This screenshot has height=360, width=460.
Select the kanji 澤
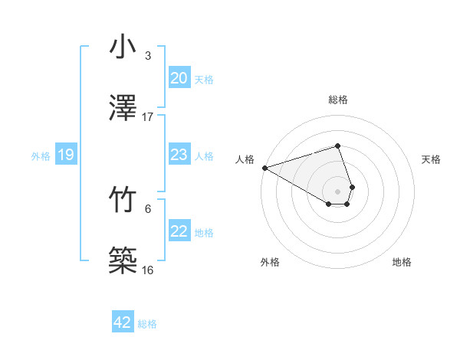click(x=123, y=107)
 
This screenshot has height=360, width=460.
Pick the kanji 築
click(x=123, y=260)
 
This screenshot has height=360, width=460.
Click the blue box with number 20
click(x=179, y=78)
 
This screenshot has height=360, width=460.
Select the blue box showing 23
click(x=179, y=155)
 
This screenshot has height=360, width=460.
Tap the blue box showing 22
click(x=179, y=232)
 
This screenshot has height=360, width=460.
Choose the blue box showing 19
click(x=65, y=155)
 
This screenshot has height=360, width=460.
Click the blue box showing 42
click(x=123, y=322)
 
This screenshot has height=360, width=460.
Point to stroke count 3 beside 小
click(x=147, y=56)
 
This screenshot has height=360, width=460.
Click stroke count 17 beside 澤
click(x=148, y=116)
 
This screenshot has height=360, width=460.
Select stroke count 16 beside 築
click(x=148, y=270)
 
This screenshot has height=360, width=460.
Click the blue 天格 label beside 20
click(x=204, y=79)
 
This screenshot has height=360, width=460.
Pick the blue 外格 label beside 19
click(x=41, y=156)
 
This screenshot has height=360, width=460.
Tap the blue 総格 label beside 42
click(x=147, y=324)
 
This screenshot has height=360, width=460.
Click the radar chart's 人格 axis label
click(x=245, y=159)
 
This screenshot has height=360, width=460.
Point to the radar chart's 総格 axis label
click(x=337, y=100)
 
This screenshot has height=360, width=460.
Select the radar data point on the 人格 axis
click(x=264, y=168)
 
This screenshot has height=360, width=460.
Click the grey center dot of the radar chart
click(x=337, y=191)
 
